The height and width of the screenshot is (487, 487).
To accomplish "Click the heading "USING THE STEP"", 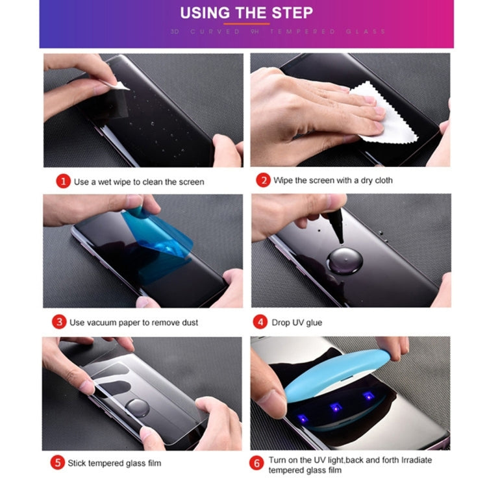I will [246, 13].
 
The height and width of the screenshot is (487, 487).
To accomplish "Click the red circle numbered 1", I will [62, 181].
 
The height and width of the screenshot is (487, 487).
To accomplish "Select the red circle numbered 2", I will [262, 181].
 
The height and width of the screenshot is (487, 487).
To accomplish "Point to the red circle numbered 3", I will [59, 322].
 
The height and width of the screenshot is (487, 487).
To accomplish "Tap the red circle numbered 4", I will [261, 322].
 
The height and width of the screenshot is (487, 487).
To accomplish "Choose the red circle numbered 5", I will [58, 463].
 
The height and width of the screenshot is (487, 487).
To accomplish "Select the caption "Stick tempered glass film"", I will [114, 463].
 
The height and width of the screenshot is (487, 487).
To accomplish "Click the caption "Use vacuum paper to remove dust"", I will [134, 323].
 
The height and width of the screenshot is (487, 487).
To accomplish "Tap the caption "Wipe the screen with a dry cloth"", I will [333, 181].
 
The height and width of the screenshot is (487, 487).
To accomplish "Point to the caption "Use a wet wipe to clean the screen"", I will [139, 182].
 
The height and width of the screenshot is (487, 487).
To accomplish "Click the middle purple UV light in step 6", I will [336, 408].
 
